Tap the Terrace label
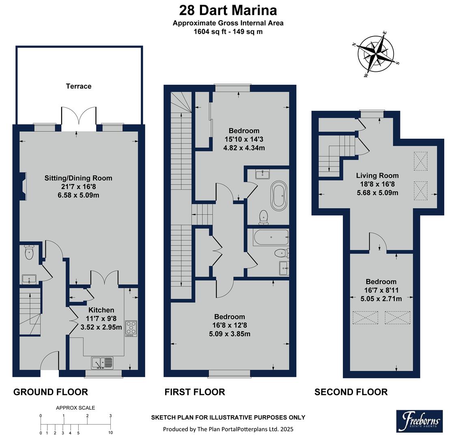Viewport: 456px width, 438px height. [x=79, y=86]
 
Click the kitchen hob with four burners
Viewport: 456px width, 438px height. [x=131, y=328]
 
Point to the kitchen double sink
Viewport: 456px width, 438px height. [x=102, y=362]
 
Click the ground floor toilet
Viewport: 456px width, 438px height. [x=29, y=253]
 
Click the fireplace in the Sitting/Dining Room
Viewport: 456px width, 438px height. [x=25, y=186]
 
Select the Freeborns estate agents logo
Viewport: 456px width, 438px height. [x=419, y=421]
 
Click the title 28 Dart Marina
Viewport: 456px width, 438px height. [x=228, y=10]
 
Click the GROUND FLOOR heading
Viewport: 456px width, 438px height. [x=51, y=392]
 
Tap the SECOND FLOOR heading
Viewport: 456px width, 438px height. [x=351, y=392]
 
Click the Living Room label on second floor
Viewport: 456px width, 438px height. [x=377, y=176]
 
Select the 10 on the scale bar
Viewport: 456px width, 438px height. [x=111, y=433]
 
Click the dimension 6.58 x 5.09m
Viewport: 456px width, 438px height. [x=78, y=195]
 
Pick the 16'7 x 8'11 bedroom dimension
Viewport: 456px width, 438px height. [x=381, y=290]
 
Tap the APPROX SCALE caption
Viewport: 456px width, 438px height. [x=75, y=408]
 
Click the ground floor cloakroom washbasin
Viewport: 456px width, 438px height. [x=29, y=279]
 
